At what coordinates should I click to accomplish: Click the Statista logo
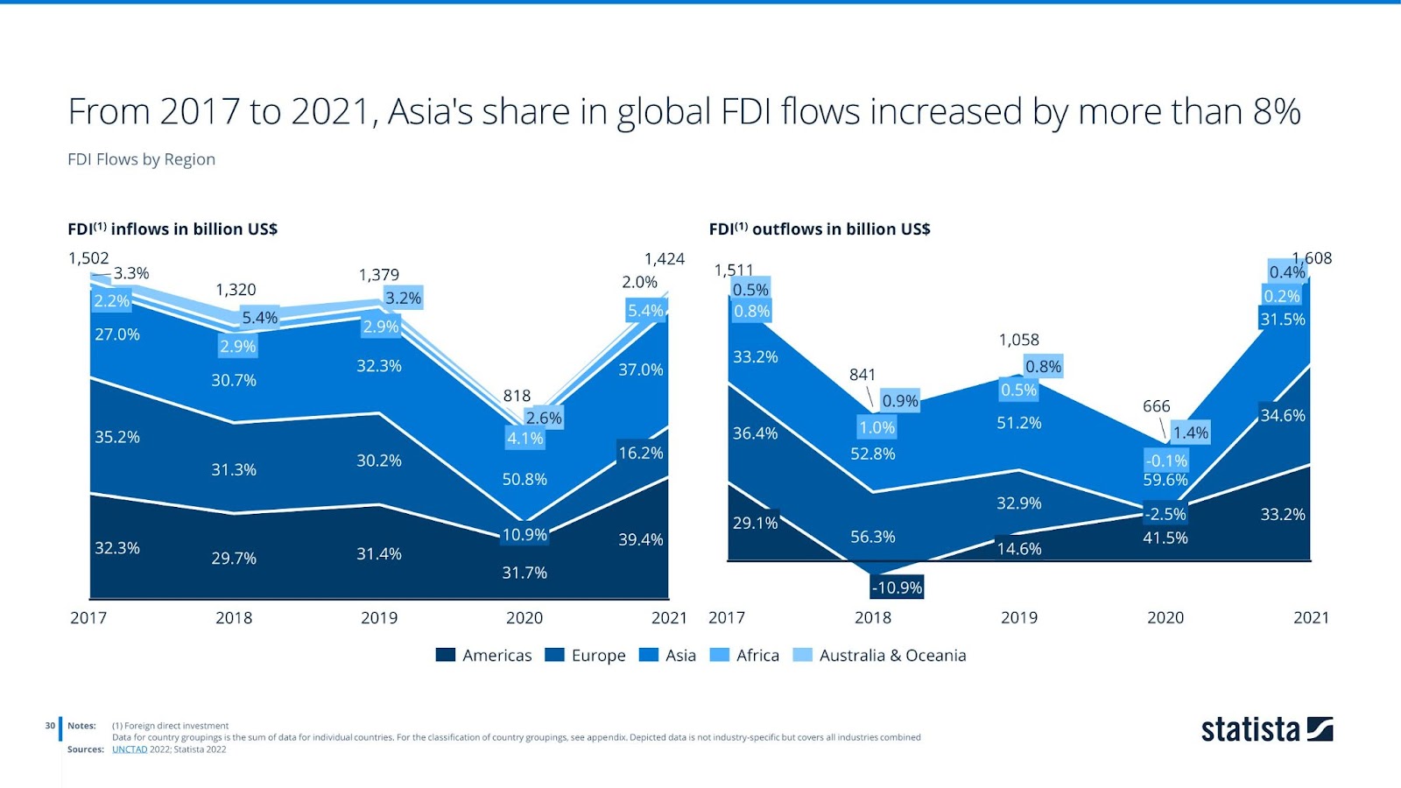pyautogui.click(x=1266, y=729)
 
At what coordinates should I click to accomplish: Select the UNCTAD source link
pyautogui.click(x=130, y=749)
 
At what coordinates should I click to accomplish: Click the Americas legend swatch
pyautogui.click(x=446, y=655)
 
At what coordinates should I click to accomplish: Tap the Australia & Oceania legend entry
pyautogui.click(x=879, y=655)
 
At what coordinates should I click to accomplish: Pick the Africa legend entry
pyautogui.click(x=744, y=655)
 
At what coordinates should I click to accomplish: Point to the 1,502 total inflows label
pyautogui.click(x=88, y=258)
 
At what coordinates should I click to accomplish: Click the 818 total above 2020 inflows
pyautogui.click(x=517, y=396)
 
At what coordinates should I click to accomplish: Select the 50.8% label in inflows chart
pyautogui.click(x=524, y=479)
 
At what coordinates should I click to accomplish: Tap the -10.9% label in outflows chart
pyautogui.click(x=897, y=587)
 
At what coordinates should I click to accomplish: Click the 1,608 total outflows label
pyautogui.click(x=1313, y=258)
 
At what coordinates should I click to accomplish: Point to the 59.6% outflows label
pyautogui.click(x=1165, y=480)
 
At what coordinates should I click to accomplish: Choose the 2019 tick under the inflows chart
pyautogui.click(x=379, y=617)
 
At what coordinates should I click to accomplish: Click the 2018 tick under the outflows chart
pyautogui.click(x=873, y=617)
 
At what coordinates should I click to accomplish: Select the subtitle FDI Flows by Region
pyautogui.click(x=141, y=159)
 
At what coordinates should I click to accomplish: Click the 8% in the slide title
pyautogui.click(x=1277, y=112)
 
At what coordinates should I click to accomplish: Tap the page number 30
pyautogui.click(x=50, y=725)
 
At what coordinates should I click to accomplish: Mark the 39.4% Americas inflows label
pyautogui.click(x=641, y=539)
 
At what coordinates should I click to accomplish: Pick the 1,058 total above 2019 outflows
pyautogui.click(x=1019, y=340)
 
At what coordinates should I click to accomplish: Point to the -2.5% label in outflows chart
pyautogui.click(x=1165, y=514)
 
